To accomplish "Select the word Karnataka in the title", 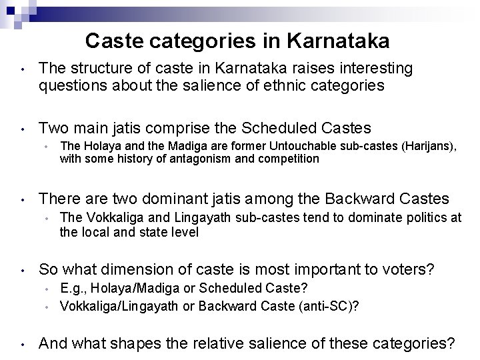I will [x=340, y=42].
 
